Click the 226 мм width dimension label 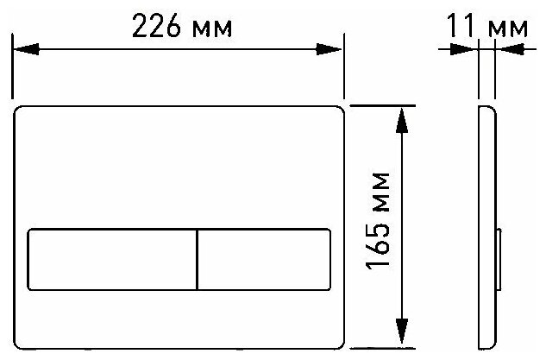(182, 27)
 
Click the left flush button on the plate (113, 258)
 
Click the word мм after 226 (213, 29)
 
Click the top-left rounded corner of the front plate (19, 111)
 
